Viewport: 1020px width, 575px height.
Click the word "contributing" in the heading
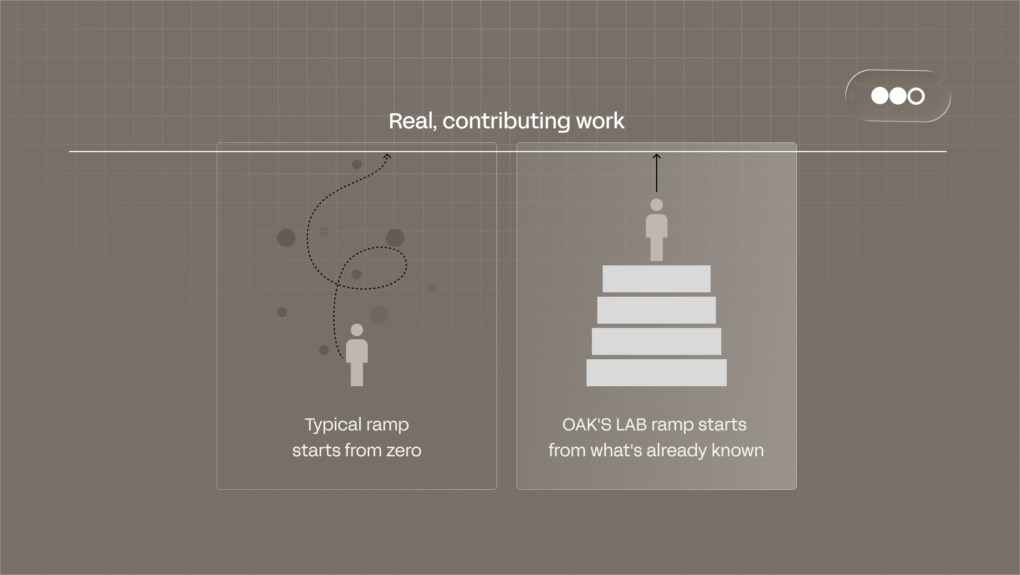506,121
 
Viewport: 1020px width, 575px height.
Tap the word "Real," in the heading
412,121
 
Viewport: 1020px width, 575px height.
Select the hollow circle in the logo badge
916,96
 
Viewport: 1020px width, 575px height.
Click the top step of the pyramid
657,279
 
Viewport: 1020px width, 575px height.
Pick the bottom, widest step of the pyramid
657,373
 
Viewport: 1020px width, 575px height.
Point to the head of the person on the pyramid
657,205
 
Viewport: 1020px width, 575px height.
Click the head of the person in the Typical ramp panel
357,330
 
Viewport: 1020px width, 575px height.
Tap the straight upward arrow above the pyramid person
657,173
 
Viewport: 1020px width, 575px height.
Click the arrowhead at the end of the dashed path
387,157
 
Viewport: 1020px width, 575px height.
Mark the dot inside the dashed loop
356,275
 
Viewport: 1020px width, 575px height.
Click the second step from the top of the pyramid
657,310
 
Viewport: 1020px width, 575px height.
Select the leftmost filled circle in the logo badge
880,96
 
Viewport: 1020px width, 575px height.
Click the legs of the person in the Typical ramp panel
357,374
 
